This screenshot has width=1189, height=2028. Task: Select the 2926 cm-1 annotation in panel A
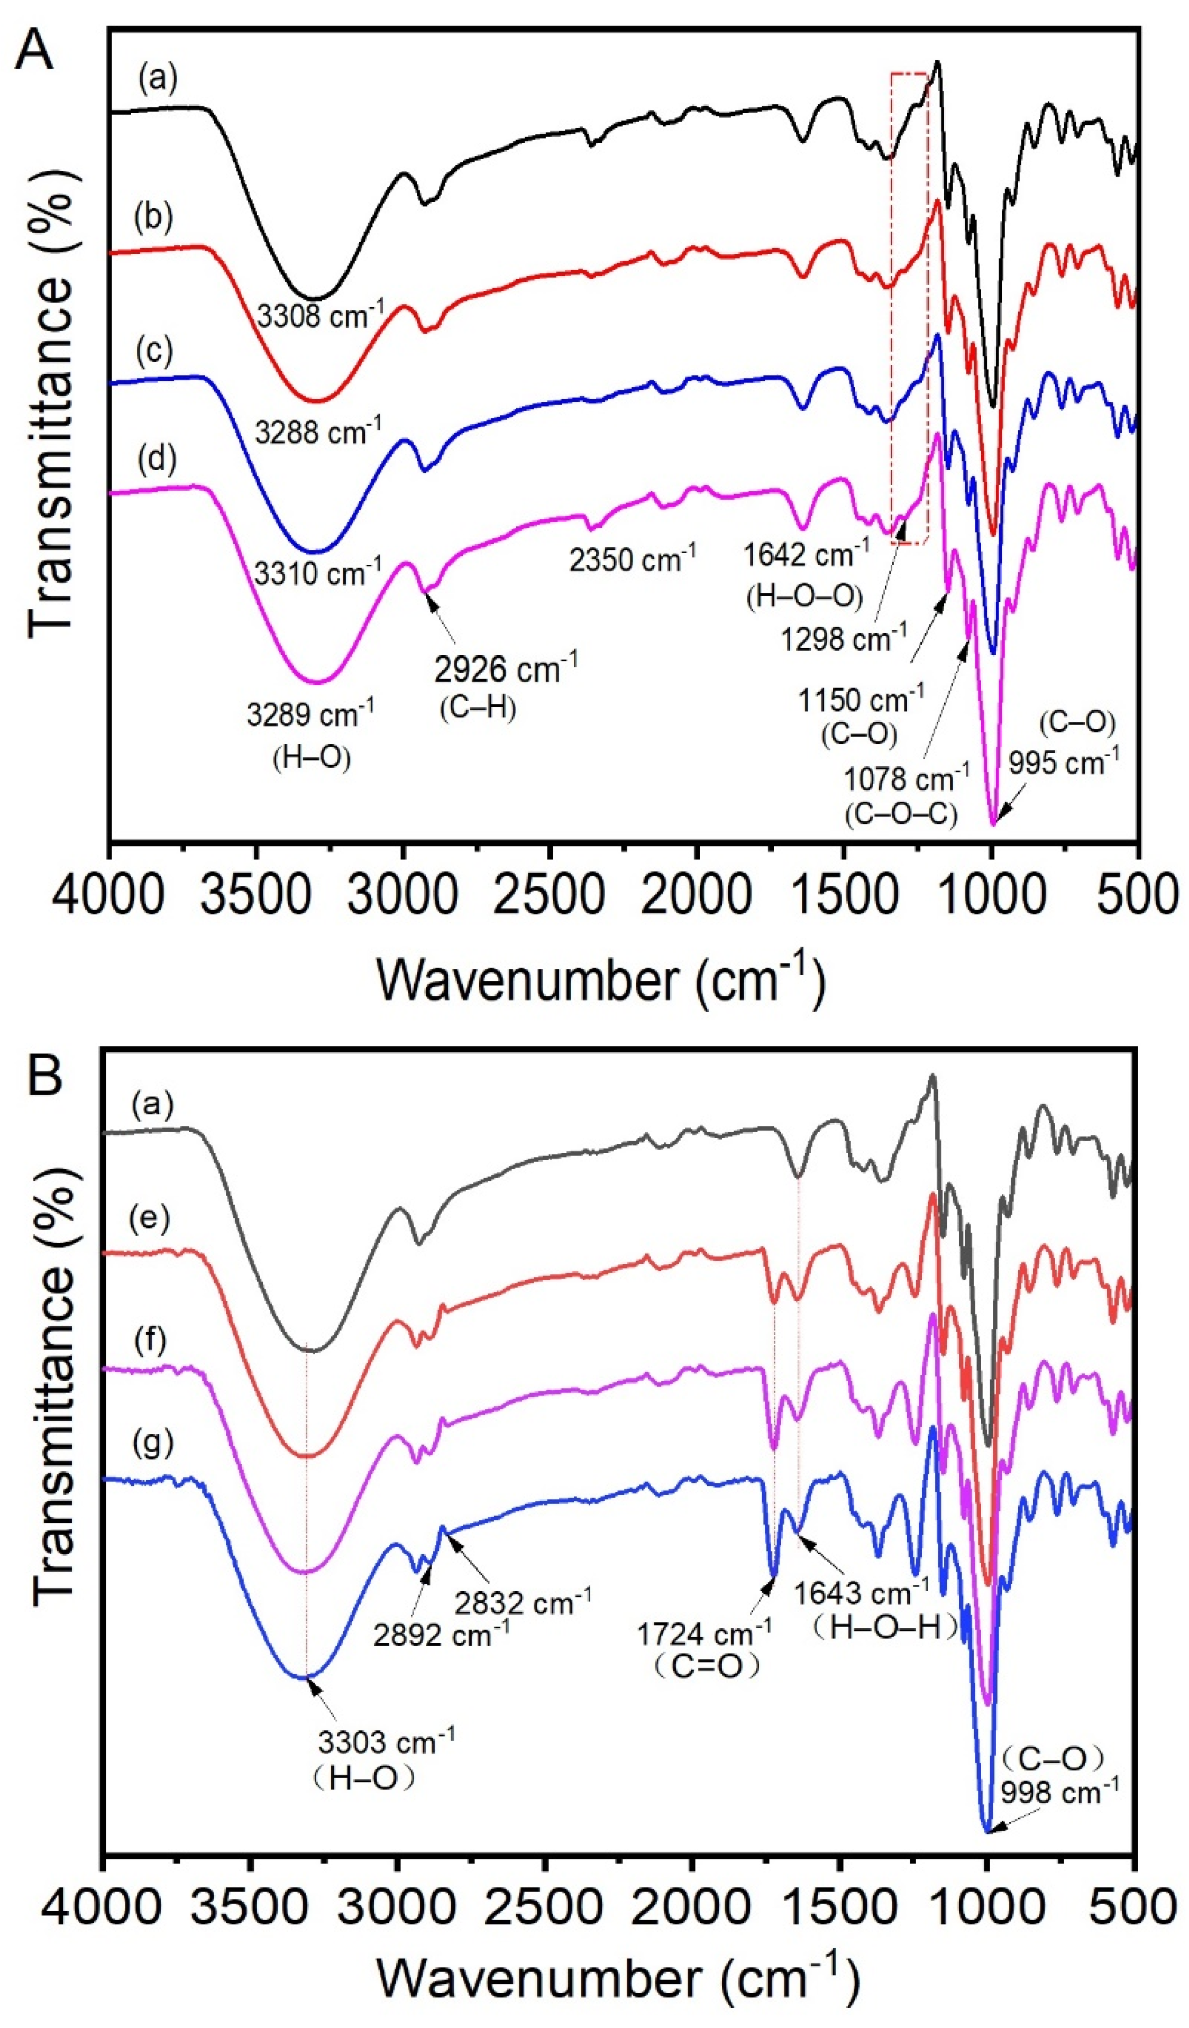pyautogui.click(x=506, y=667)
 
